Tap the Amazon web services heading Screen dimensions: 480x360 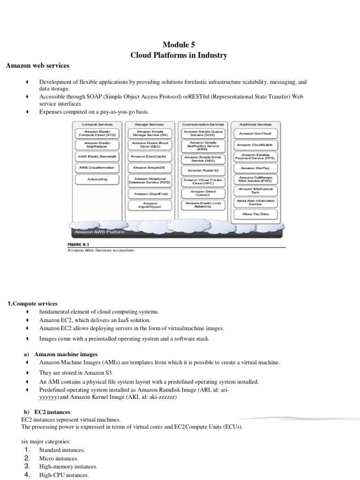(37, 66)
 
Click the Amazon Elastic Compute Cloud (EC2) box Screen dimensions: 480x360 (97, 134)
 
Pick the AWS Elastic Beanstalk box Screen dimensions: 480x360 (97, 156)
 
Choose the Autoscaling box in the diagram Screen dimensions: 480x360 (97, 179)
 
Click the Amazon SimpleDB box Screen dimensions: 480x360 (149, 167)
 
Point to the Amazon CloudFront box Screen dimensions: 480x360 (149, 194)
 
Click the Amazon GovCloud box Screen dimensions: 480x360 (255, 134)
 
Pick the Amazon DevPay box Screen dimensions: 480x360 (255, 167)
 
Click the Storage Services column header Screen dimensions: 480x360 (149, 124)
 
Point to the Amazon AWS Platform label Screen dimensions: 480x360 (94, 232)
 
